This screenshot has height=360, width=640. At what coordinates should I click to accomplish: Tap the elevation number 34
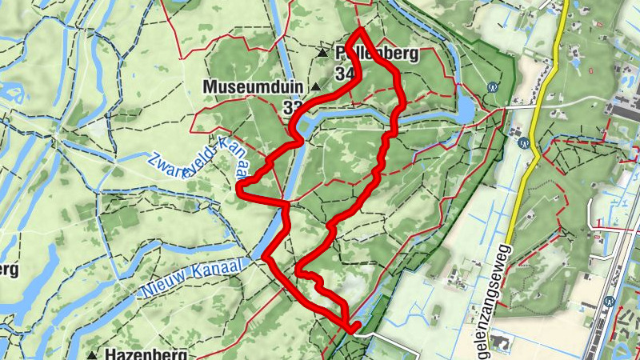tap(346, 74)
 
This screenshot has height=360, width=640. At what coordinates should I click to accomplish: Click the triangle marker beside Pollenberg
tap(322, 54)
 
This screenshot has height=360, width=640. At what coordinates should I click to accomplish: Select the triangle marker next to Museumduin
tap(316, 86)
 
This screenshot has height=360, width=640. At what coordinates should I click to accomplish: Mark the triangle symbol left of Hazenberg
tap(94, 354)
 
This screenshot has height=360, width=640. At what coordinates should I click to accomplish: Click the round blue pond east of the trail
tap(466, 109)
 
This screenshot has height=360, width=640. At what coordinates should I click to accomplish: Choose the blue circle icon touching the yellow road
tap(524, 144)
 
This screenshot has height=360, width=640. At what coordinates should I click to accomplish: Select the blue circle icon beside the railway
tap(610, 302)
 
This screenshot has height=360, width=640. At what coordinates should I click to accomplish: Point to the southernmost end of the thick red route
tap(353, 328)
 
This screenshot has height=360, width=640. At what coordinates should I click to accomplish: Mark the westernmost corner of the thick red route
tap(240, 188)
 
